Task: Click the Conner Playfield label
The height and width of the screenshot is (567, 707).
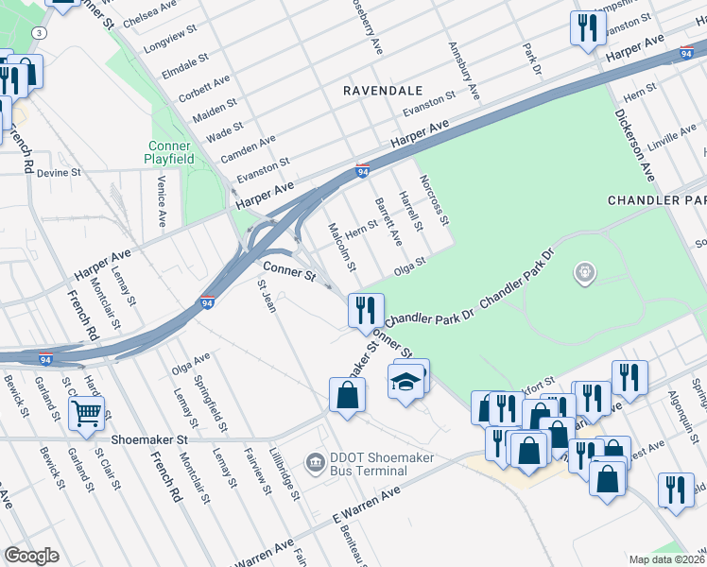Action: coord(169,153)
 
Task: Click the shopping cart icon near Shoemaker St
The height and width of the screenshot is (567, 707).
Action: coord(86,412)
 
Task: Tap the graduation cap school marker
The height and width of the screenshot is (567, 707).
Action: coord(405,382)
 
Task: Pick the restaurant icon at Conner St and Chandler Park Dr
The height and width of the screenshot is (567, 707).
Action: coord(364,310)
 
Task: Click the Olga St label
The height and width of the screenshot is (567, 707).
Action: coord(417,260)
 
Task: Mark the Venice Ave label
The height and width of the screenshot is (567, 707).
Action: coord(162,200)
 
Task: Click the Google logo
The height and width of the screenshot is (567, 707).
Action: coord(32,556)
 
